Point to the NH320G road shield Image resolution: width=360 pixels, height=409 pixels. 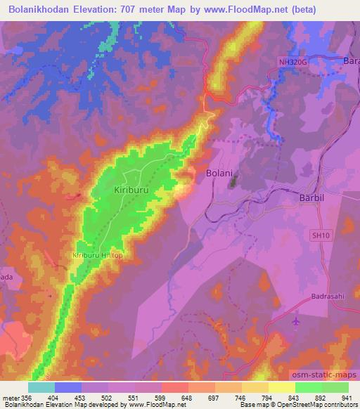(x=292, y=63)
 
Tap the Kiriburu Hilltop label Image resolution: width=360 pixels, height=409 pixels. (x=97, y=255)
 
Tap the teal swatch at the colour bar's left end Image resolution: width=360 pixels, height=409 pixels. (x=41, y=387)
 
